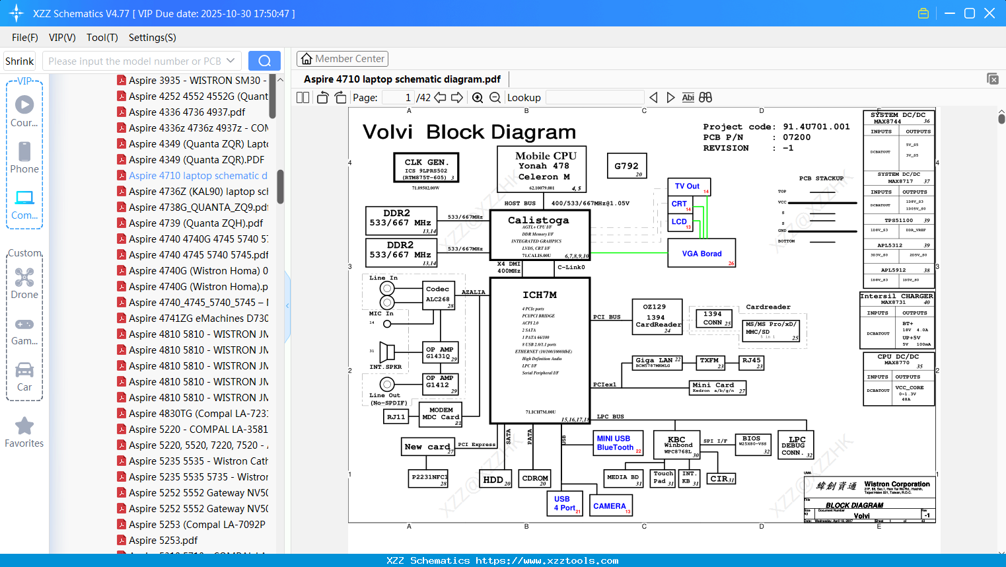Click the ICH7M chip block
pyautogui.click(x=540, y=350)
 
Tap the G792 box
pyautogui.click(x=626, y=166)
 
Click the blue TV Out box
pyautogui.click(x=689, y=187)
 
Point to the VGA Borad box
pyautogui.click(x=701, y=254)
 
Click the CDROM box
pyautogui.click(x=535, y=479)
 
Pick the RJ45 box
pyautogui.click(x=752, y=362)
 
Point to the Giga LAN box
pyautogui.click(x=657, y=362)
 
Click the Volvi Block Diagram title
pyautogui.click(x=469, y=132)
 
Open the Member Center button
pyautogui.click(x=342, y=59)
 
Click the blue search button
pyautogui.click(x=264, y=61)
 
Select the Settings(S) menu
pyautogui.click(x=152, y=38)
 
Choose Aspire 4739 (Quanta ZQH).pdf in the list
pyautogui.click(x=196, y=223)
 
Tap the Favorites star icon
pyautogui.click(x=24, y=426)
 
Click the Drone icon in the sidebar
pyautogui.click(x=24, y=278)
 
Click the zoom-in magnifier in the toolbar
pyautogui.click(x=478, y=98)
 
